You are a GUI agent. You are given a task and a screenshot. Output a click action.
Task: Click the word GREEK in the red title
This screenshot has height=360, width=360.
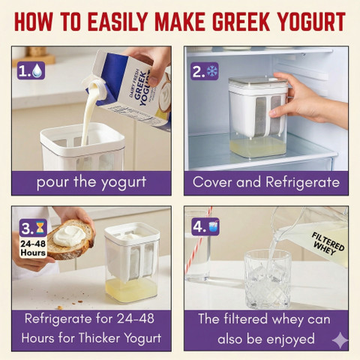coord(241,22)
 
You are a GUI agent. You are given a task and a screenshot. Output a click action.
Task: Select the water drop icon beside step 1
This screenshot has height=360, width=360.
coord(37,70)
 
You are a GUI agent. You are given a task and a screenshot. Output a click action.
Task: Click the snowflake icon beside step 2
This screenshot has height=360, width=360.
coord(212,70)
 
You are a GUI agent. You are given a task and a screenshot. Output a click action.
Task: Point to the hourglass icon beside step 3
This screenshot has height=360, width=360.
coord(40,227)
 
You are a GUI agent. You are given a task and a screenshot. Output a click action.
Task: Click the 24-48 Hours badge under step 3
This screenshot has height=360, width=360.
coord(33,247)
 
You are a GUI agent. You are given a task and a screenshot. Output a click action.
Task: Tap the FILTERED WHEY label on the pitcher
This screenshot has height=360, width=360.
coord(327,243)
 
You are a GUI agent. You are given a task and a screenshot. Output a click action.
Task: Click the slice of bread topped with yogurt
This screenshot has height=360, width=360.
coord(70,239)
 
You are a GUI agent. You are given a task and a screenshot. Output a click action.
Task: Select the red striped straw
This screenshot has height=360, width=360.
coord(198,240)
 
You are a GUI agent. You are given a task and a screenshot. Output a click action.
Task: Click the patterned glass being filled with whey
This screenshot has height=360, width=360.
coord(267,279)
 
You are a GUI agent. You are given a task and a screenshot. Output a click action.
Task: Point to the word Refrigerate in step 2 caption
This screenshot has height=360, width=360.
coord(302,182)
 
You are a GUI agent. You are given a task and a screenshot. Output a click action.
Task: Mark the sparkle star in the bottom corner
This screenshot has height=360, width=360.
coord(340,340)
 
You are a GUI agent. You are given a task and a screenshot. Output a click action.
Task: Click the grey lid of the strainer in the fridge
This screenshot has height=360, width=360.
coord(257,82)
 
